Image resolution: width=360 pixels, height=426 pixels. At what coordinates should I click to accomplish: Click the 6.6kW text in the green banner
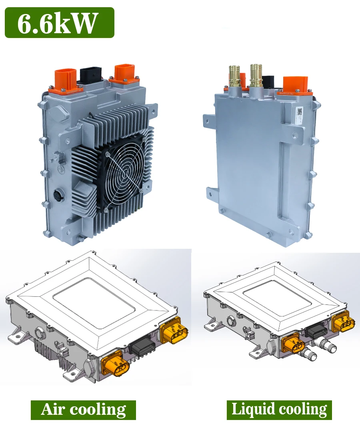tap(57, 23)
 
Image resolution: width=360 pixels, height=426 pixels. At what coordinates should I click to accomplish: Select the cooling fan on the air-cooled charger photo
tap(123, 174)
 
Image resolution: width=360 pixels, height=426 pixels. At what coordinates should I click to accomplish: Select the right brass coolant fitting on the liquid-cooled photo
tap(256, 76)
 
